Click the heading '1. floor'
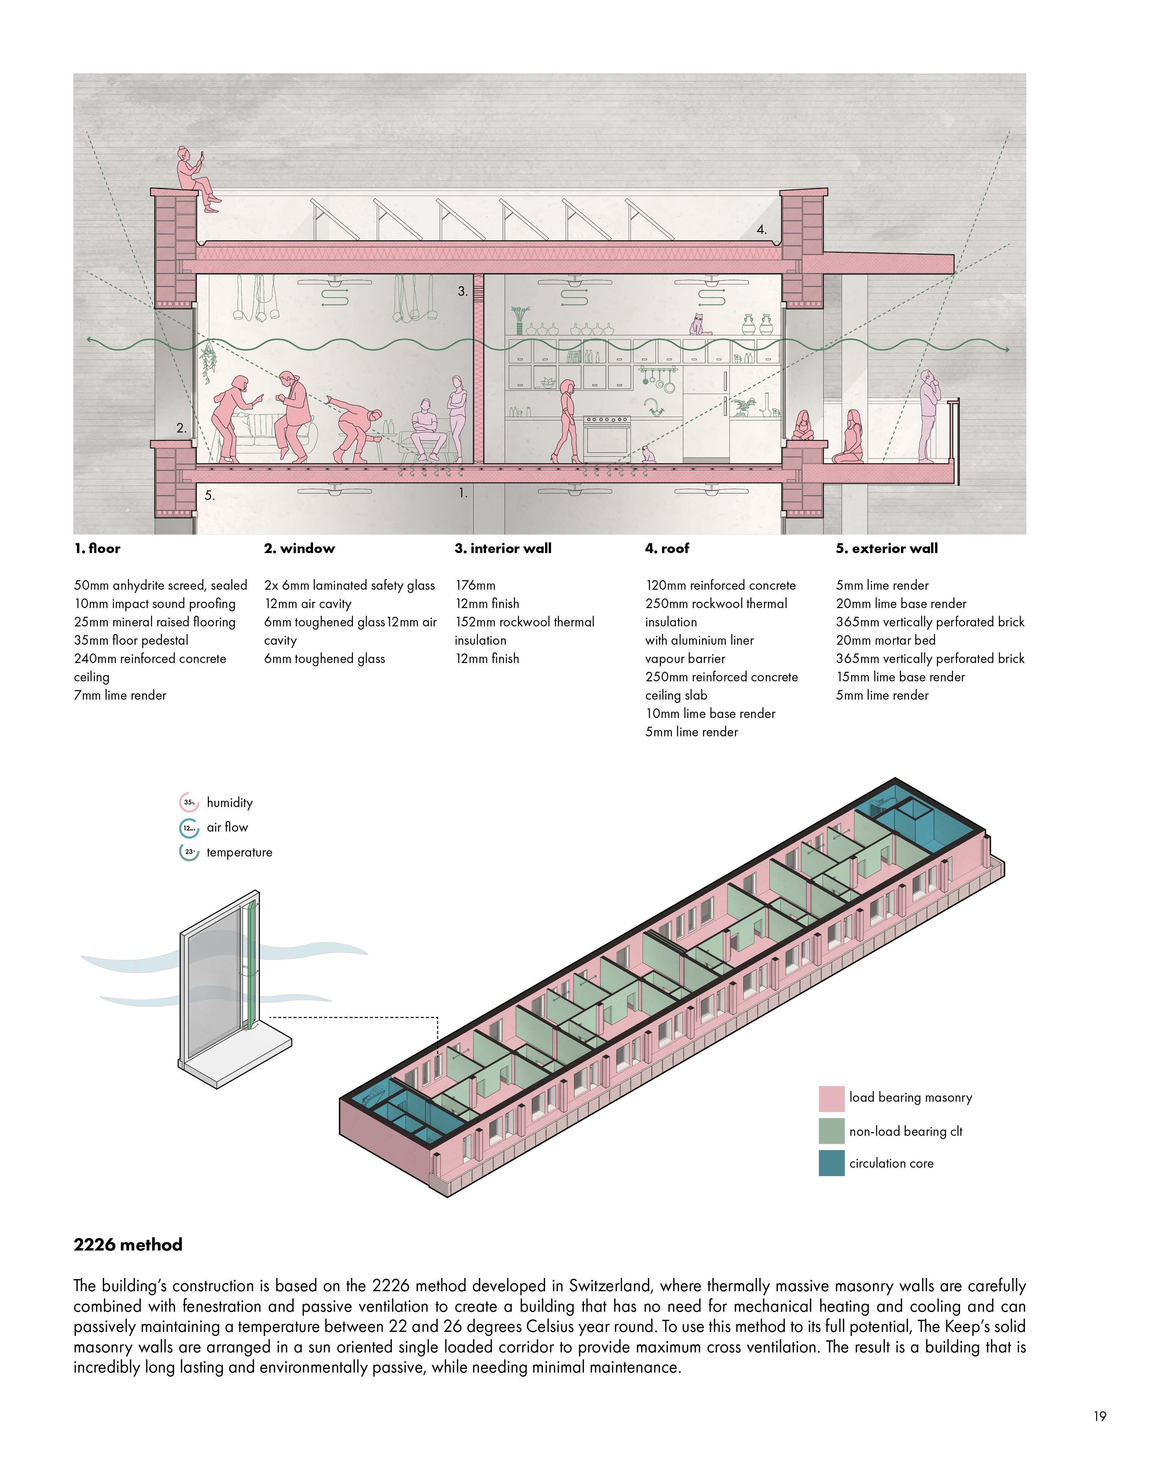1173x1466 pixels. (97, 548)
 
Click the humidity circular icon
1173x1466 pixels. (189, 802)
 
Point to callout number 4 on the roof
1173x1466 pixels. (762, 230)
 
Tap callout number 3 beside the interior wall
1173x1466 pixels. (462, 291)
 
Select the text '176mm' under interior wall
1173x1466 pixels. (475, 585)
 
